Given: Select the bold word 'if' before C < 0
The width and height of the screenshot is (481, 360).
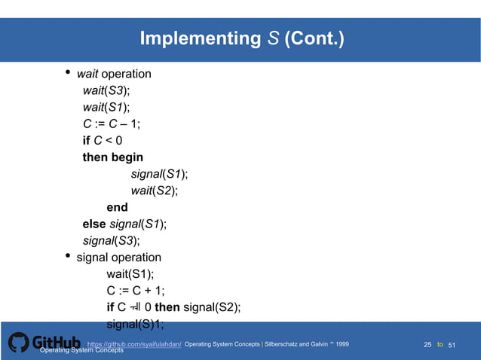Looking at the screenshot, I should [87, 140].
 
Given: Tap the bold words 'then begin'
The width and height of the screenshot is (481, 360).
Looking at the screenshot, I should [112, 157].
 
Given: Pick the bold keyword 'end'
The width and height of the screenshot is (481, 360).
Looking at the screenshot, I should [117, 207].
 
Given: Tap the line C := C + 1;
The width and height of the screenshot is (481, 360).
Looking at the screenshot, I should [136, 291].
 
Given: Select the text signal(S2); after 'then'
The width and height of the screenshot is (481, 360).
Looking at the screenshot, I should [212, 307].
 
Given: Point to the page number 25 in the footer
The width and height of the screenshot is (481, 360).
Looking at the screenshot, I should [427, 344].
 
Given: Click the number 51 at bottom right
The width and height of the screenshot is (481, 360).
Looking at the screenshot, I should [453, 344].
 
